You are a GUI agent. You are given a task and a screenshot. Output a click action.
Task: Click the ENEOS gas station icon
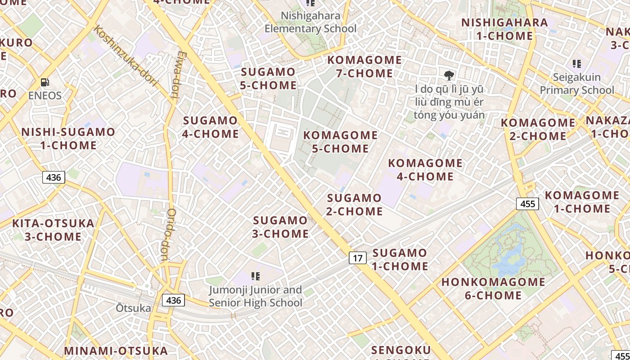[45, 82]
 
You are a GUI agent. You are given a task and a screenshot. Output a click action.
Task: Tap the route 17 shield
[358, 258]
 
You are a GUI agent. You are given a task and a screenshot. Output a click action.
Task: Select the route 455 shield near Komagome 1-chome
[527, 204]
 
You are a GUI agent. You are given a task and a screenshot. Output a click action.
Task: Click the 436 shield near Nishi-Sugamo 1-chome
[54, 177]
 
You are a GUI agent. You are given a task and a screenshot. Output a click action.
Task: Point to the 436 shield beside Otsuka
[173, 300]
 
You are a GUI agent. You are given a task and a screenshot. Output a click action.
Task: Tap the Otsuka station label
[133, 308]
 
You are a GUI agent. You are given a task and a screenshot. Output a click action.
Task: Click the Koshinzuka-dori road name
[125, 56]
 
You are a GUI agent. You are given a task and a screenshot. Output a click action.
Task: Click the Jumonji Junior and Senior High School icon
[256, 276]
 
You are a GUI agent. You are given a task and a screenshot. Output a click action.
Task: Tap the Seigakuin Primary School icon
[576, 64]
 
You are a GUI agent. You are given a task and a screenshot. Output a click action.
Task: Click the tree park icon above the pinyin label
[449, 75]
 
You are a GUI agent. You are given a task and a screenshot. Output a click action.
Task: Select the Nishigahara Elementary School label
[310, 22]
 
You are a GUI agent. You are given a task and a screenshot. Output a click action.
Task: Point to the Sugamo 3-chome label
[280, 227]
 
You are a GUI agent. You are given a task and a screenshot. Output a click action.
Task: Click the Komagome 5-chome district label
[340, 142]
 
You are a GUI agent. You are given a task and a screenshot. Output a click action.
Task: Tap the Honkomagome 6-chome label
[493, 288]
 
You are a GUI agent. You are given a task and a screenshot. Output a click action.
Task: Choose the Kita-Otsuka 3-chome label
[53, 230]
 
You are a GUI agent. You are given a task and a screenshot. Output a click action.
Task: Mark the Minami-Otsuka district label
[116, 351]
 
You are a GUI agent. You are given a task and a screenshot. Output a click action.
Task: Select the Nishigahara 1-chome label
[504, 29]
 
